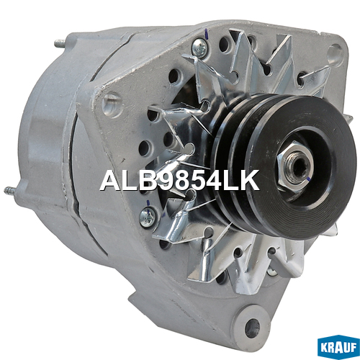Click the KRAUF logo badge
338,348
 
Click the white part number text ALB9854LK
179,181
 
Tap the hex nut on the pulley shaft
295,166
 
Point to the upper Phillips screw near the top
199,48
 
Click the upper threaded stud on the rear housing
60,44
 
